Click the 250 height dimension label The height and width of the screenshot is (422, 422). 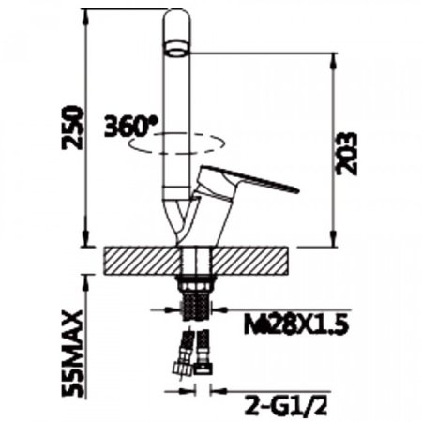point(73,128)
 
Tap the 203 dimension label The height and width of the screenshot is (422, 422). point(346,154)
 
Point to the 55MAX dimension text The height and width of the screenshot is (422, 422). point(73,354)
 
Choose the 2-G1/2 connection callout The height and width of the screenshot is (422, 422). point(286,405)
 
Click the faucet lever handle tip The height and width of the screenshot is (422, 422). point(297,189)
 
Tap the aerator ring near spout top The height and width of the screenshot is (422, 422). point(176,49)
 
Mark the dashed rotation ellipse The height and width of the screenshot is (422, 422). point(176,153)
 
